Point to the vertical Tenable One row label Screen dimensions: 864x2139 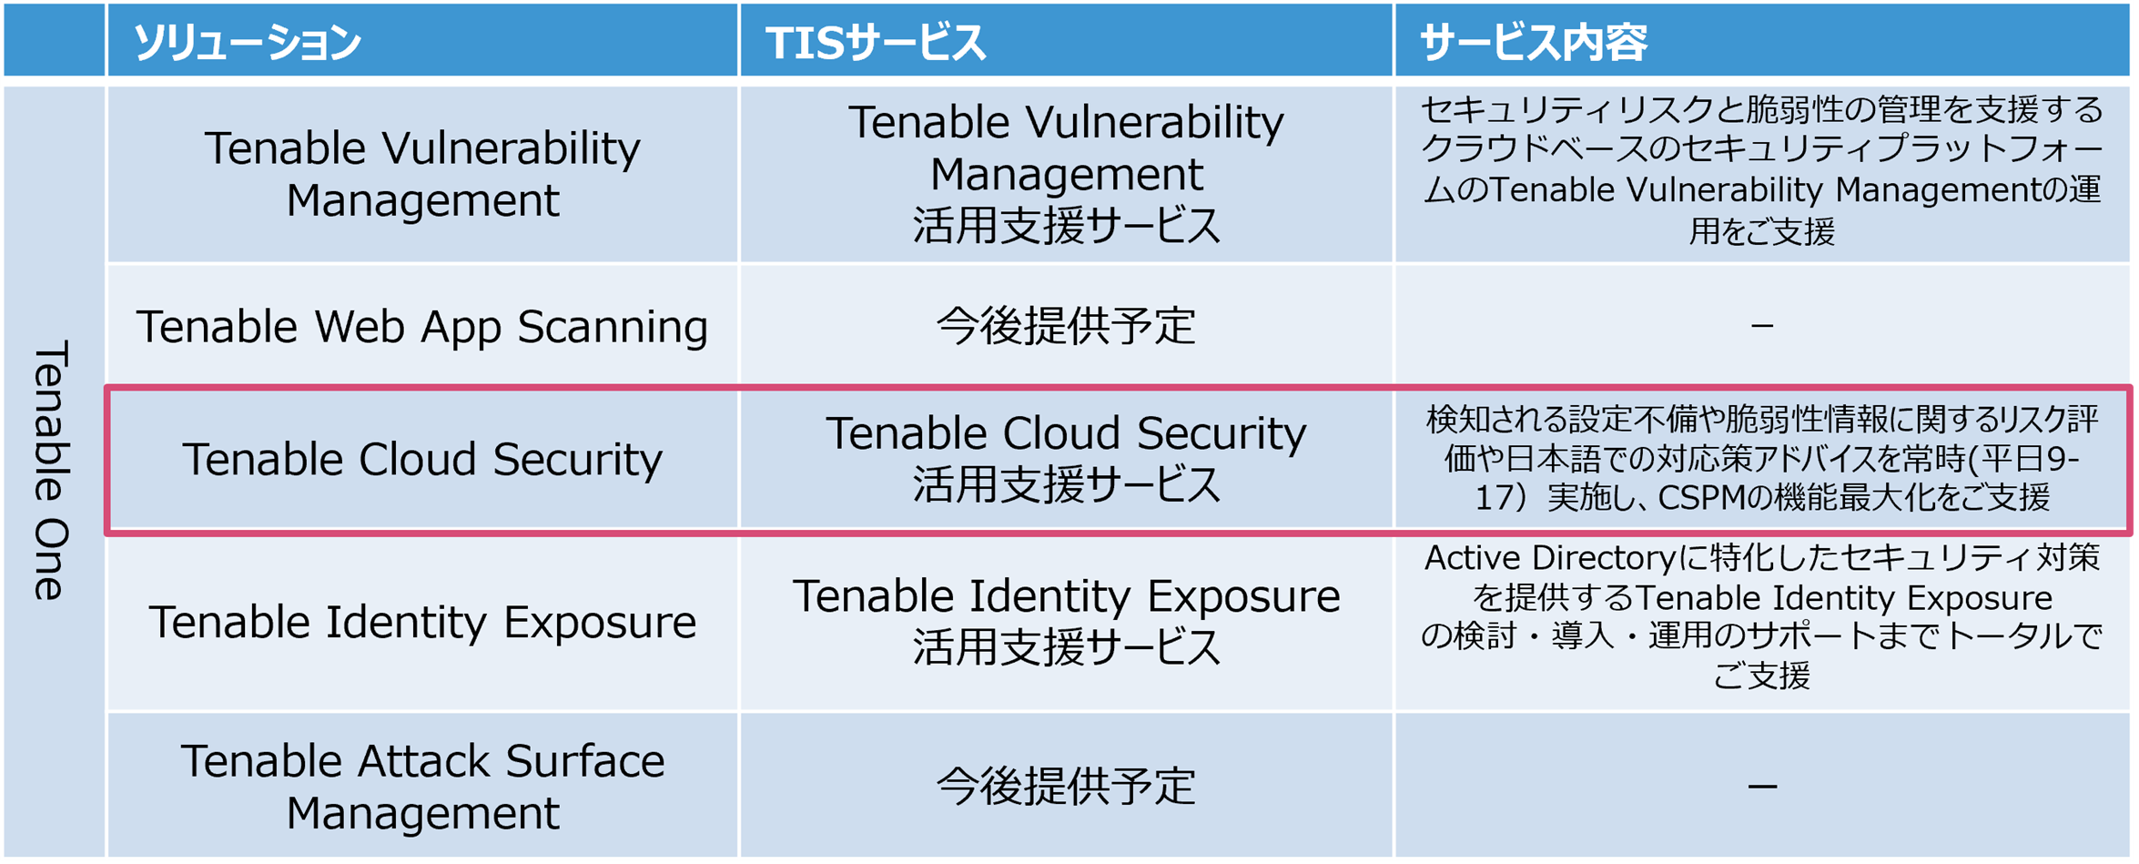pyautogui.click(x=51, y=471)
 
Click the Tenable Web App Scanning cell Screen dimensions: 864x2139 pyautogui.click(x=421, y=326)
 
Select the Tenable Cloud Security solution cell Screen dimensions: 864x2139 pyautogui.click(x=421, y=459)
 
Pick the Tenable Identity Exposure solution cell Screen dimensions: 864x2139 pyautogui.click(x=421, y=622)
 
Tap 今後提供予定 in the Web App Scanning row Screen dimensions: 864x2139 pyautogui.click(x=1065, y=326)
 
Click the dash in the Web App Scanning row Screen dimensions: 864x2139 pyautogui.click(x=1761, y=326)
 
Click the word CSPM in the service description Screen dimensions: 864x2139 pyautogui.click(x=1714, y=498)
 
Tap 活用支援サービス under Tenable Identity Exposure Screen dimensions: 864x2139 pyautogui.click(x=1065, y=648)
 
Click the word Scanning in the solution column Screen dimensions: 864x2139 pyautogui.click(x=612, y=326)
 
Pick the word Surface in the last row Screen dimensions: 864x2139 pyautogui.click(x=584, y=761)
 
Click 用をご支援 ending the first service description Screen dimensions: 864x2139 pyautogui.click(x=1761, y=232)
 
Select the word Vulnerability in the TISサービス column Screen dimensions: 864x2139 pyautogui.click(x=1154, y=123)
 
